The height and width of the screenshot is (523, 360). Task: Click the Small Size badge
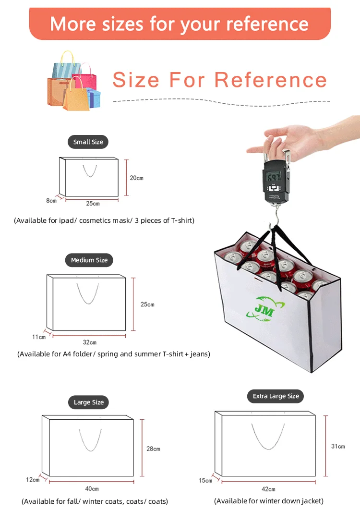pos(88,142)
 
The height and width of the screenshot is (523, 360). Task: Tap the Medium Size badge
pos(89,260)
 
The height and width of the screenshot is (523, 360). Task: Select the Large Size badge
pos(89,402)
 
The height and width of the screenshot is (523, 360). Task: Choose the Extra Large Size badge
pos(276,396)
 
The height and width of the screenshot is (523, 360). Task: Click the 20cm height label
pos(137,178)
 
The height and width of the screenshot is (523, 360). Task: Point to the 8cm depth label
pos(51,200)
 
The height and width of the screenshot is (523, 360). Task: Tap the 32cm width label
pos(90,342)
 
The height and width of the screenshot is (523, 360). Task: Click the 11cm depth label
pos(39,337)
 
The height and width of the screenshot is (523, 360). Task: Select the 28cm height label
pos(153,449)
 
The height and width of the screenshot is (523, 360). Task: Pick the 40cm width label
pos(92,488)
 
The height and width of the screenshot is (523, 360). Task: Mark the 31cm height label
pos(338,446)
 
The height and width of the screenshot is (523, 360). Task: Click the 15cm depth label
pos(205,481)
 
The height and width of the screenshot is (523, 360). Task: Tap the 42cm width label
pos(269,489)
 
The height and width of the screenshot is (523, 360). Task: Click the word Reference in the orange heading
pos(270,80)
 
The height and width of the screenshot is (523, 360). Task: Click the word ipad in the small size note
pos(66,220)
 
